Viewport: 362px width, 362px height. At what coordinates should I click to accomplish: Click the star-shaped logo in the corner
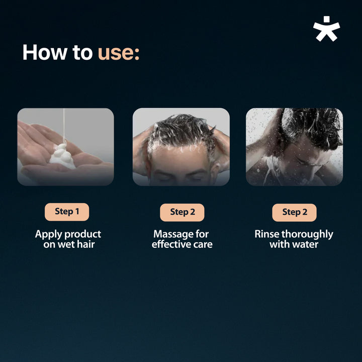coord(326,29)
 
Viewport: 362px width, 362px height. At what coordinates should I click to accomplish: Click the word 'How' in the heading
coord(45,52)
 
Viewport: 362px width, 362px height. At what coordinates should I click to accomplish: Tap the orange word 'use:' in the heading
coord(119,53)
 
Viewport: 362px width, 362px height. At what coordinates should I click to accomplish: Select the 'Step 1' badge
coord(67,212)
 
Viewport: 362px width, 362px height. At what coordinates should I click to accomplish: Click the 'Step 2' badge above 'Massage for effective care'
coord(182,212)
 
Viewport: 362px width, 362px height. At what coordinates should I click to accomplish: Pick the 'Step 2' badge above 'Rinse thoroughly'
coord(294,212)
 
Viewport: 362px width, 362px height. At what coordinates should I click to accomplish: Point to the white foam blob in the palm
coord(62,156)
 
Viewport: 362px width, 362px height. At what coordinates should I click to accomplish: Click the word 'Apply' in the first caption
coord(48,234)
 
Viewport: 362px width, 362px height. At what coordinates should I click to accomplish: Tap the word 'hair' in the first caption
coord(85,244)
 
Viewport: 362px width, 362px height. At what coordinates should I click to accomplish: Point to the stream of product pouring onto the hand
coord(64,126)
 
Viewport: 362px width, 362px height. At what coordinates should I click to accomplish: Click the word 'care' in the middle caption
coord(203,245)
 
